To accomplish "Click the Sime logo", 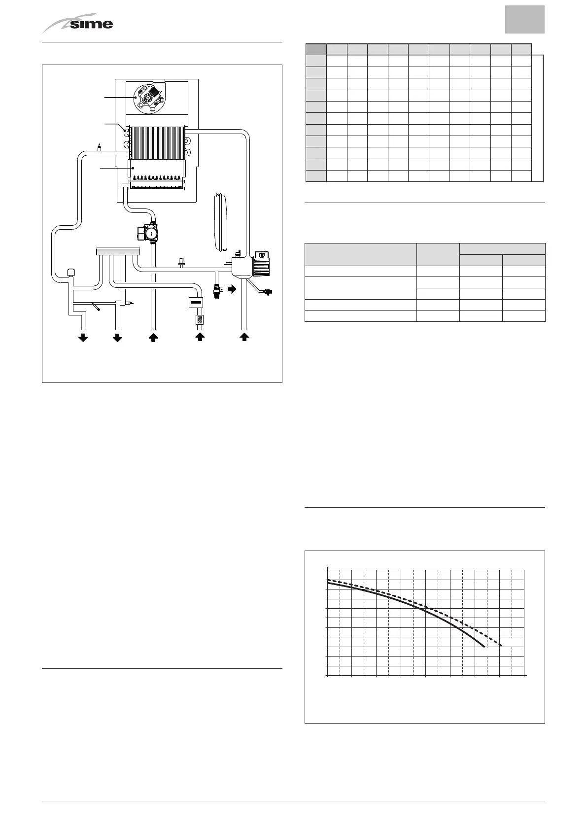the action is (x=79, y=24).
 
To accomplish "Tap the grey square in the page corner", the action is (x=524, y=20).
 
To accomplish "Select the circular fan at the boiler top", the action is (x=148, y=97).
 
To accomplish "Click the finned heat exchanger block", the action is (x=156, y=142).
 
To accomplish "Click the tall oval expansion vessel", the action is (x=219, y=221).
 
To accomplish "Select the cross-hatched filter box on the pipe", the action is (x=200, y=319).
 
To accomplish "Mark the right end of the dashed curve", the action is (x=501, y=646).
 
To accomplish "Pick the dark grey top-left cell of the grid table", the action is (x=316, y=49).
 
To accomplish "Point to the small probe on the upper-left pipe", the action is (x=99, y=147).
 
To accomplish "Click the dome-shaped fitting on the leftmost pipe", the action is (x=70, y=272).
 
